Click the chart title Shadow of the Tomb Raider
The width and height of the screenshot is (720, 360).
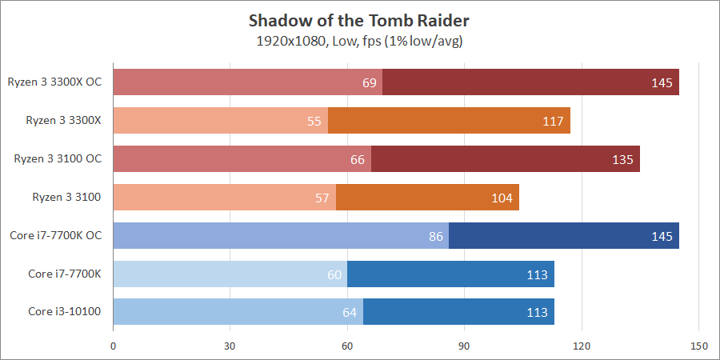pos(360,19)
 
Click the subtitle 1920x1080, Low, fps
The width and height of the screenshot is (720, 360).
pos(359,41)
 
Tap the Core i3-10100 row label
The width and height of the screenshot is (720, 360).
pos(65,311)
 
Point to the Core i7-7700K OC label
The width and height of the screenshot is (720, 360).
pos(61,235)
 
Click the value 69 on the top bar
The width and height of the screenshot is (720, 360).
pos(370,82)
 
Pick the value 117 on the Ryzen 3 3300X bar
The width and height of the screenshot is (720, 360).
pos(554,121)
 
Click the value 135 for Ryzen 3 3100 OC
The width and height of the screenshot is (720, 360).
pos(623,159)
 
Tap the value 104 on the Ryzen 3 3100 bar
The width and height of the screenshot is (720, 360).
pos(502,198)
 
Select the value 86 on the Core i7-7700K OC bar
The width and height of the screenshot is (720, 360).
pos(436,236)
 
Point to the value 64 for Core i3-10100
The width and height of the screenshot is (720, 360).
pos(350,311)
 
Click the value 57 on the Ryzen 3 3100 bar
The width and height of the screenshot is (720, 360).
pos(322,198)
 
